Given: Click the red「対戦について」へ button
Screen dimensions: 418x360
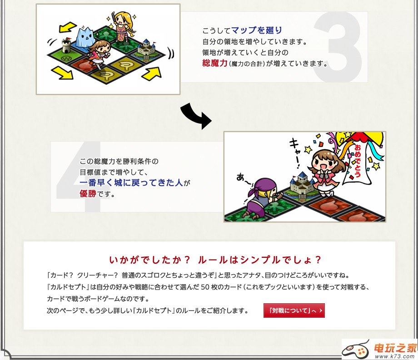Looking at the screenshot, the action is [x=294, y=311].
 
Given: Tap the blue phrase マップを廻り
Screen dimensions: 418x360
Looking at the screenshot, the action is [x=256, y=30].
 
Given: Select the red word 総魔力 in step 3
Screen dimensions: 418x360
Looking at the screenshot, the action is [x=214, y=63].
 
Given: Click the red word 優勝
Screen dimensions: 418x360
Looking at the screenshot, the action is [x=88, y=193].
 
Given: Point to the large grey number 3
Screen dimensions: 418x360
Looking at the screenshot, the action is [x=338, y=47].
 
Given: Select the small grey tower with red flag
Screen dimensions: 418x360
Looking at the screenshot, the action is [x=66, y=45].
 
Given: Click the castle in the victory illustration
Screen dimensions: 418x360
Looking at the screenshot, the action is [x=302, y=184].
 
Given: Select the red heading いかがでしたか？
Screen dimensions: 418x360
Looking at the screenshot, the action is [x=150, y=260].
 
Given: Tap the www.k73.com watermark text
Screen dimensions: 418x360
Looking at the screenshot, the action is [x=396, y=356].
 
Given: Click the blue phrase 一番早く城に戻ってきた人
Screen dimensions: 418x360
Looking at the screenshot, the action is [x=131, y=182].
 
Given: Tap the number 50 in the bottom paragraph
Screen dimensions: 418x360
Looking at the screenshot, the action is [x=205, y=287].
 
